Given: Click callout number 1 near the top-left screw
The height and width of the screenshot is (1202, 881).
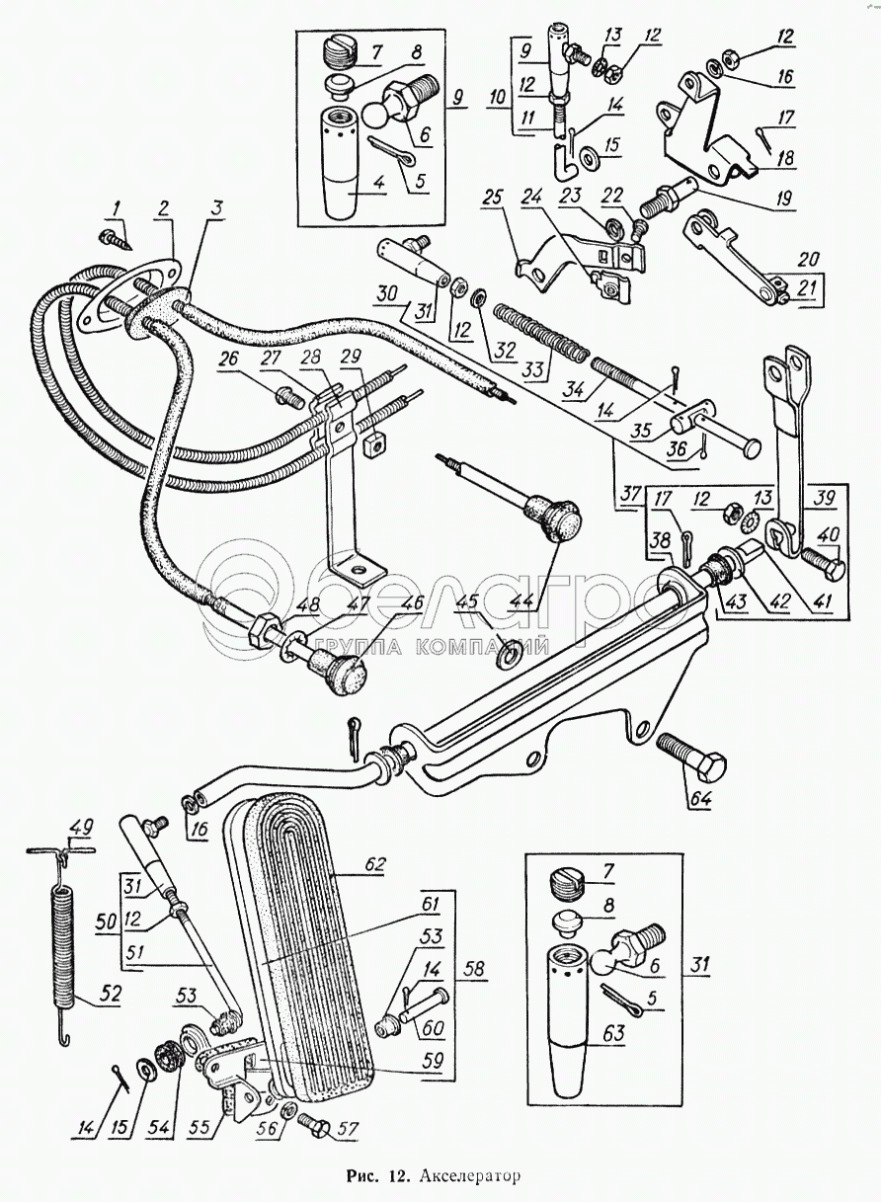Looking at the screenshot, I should point(117,207).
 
